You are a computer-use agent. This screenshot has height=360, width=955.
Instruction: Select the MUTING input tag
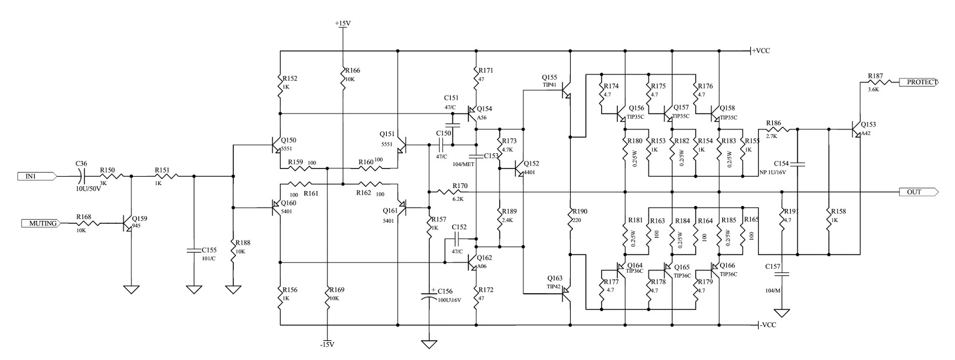click(x=42, y=223)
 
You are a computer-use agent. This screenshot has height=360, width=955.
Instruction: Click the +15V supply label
click(x=343, y=23)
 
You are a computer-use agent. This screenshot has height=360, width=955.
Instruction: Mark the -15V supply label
click(x=326, y=344)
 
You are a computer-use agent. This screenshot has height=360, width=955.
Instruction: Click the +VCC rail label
click(x=761, y=51)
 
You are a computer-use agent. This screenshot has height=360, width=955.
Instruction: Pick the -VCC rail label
click(x=768, y=325)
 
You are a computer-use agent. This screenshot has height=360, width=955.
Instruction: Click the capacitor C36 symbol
click(x=82, y=176)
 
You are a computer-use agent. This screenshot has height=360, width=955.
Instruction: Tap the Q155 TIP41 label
click(x=549, y=81)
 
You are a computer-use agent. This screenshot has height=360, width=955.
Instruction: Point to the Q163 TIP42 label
click(x=554, y=282)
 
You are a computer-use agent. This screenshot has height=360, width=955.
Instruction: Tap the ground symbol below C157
click(x=781, y=312)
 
